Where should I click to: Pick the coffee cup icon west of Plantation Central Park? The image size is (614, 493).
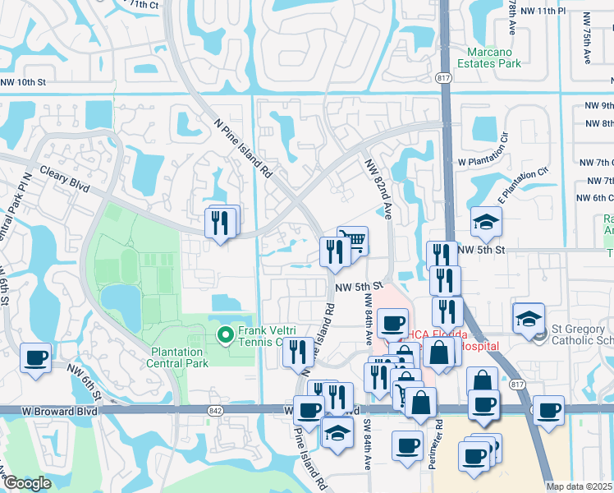pyautogui.click(x=35, y=358)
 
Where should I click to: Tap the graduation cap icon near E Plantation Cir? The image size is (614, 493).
pyautogui.click(x=485, y=222)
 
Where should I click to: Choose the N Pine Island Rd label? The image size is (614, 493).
pyautogui.click(x=243, y=148)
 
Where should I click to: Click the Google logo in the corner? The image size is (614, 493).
pyautogui.click(x=28, y=483)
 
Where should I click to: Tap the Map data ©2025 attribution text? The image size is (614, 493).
pyautogui.click(x=579, y=486)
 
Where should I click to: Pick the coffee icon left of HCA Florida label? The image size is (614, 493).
pyautogui.click(x=393, y=322)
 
